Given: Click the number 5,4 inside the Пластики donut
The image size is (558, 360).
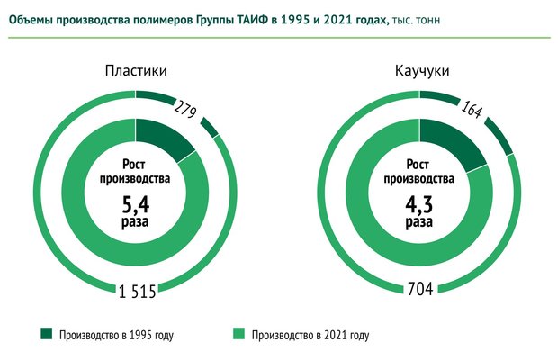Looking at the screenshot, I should click(135, 201).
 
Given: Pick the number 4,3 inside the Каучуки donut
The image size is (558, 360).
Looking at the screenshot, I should click(419, 201).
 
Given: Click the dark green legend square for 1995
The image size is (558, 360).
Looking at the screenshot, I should click(46, 335).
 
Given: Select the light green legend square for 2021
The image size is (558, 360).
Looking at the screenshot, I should click(239, 335).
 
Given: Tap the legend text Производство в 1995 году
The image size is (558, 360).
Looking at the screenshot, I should click(115, 336).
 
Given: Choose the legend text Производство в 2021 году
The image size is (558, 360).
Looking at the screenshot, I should click(310, 336).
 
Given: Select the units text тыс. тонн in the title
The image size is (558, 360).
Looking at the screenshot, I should click(416, 18).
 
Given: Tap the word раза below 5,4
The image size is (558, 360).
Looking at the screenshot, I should click(135, 220).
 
